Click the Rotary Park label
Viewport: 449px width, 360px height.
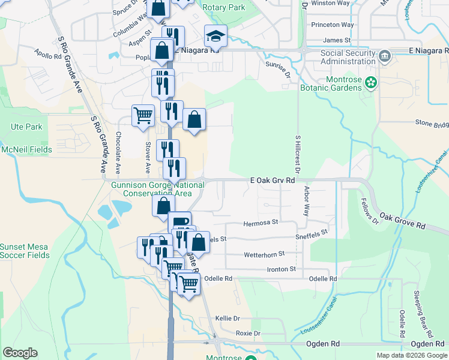coord(224,7)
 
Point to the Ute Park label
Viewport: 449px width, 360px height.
coord(26,127)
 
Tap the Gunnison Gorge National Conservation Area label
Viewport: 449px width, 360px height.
coord(158,189)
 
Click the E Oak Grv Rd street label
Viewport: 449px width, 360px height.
coord(273,180)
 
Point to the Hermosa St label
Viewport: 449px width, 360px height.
coord(261,223)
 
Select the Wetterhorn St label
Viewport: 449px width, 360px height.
coord(264,255)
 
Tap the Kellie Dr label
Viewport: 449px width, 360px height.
coord(228,317)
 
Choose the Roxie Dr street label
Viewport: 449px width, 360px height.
coord(248,333)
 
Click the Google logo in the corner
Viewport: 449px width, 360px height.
coord(20,353)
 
